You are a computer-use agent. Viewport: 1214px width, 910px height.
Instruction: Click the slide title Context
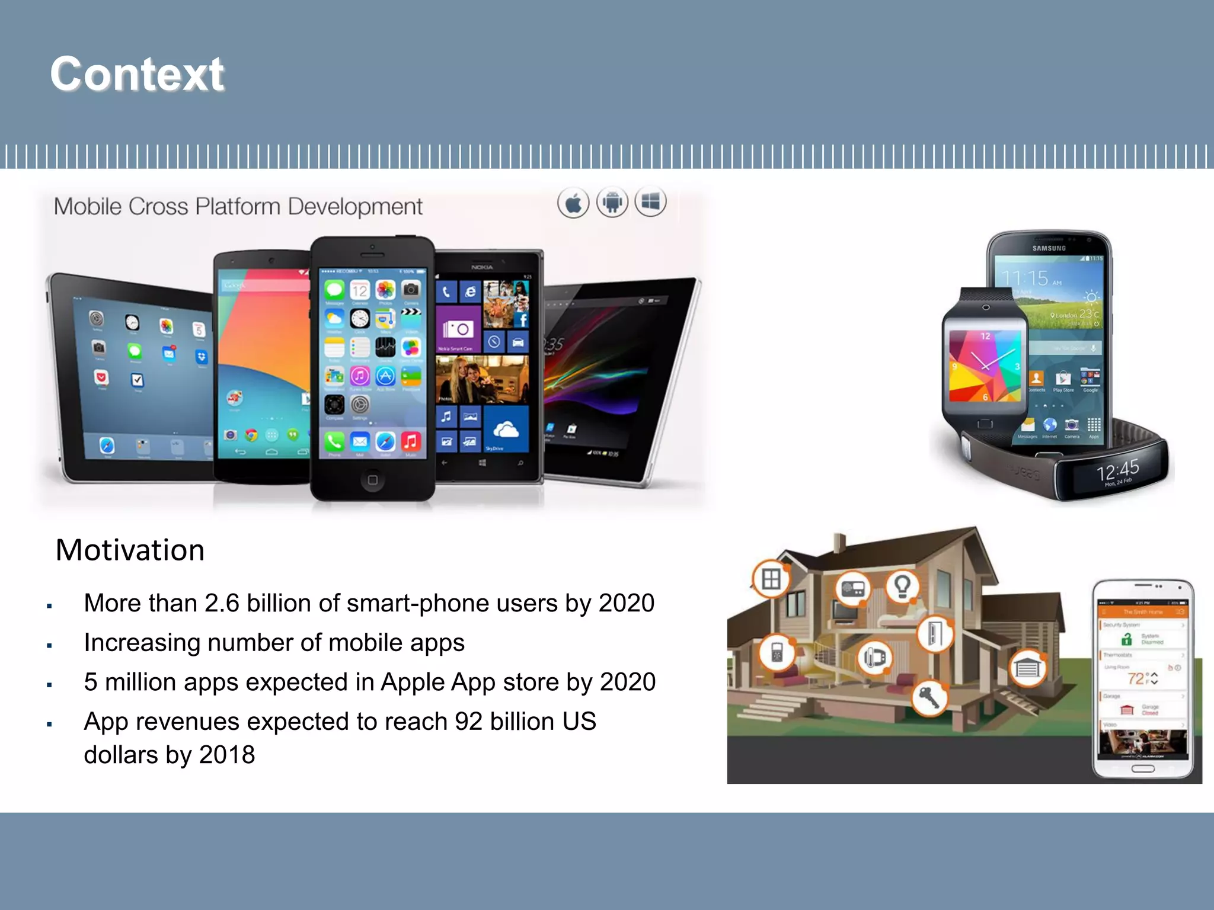(137, 74)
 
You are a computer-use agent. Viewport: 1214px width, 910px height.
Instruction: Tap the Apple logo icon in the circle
(573, 203)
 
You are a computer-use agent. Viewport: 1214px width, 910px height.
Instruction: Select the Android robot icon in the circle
(612, 203)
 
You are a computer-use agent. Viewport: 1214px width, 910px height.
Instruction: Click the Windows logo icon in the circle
(650, 202)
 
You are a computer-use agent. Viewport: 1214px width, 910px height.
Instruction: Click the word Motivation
(130, 550)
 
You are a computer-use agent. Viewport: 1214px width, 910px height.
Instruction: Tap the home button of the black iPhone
(372, 479)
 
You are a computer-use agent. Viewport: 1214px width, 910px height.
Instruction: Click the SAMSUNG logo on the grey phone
(1049, 248)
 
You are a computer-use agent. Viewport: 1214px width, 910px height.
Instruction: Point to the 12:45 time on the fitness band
(1117, 471)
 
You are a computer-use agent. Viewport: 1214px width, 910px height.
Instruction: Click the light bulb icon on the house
(902, 586)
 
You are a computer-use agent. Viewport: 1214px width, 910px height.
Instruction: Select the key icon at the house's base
(929, 698)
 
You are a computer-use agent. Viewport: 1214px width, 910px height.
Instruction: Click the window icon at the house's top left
(771, 578)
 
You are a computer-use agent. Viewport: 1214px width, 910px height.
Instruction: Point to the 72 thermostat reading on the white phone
(1136, 679)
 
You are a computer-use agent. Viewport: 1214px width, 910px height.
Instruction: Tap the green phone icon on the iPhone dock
(334, 441)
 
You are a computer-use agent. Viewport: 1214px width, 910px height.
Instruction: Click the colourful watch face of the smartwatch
(985, 366)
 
